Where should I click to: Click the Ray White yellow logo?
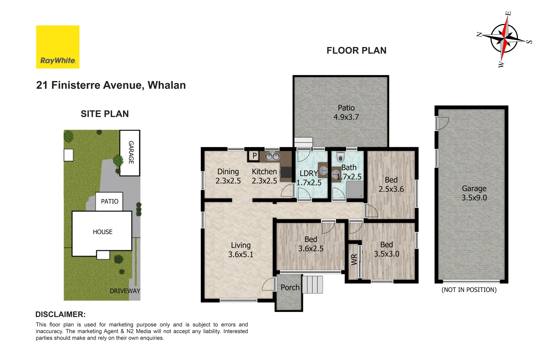pos(58,47)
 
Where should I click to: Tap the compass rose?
pos(504,39)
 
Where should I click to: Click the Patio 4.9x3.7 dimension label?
pos(346,113)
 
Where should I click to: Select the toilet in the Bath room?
pos(340,156)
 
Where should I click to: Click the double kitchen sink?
pos(272,156)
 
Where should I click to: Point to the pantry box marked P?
pos(254,156)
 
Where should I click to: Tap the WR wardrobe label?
pos(354,260)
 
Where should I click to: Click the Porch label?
pos(290,288)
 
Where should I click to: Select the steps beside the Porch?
pos(312,284)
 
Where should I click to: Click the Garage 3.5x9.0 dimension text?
pos(474,193)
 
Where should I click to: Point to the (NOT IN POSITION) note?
pos(469,290)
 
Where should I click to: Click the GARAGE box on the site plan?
pos(130,153)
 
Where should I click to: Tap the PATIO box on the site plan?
pos(109,201)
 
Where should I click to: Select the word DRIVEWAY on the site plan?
pos(125,291)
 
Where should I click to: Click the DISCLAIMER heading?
pos(60,314)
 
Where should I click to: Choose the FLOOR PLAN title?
pos(356,51)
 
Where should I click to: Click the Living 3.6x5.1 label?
pos(241,250)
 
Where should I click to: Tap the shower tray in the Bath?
pos(355,190)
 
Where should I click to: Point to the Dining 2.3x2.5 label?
pos(228,176)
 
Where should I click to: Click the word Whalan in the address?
pos(166,85)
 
